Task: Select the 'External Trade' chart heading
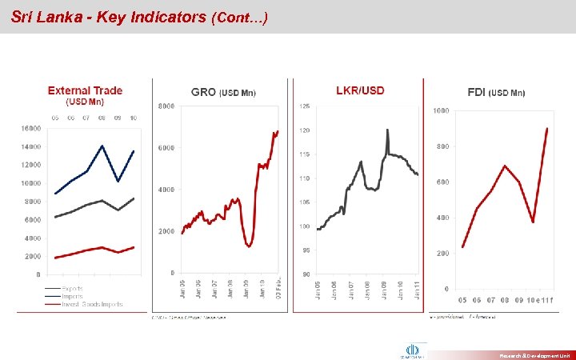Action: (85, 91)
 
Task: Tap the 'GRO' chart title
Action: (204, 93)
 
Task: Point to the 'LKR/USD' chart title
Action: (360, 90)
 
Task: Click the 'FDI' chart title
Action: (479, 93)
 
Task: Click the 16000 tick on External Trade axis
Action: (30, 128)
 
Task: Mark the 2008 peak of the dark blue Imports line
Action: (102, 146)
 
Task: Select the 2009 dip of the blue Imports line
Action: (118, 182)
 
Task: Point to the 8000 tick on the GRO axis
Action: (167, 106)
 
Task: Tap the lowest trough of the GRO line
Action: (250, 246)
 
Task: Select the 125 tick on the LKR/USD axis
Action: (305, 106)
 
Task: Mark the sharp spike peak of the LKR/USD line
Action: (387, 129)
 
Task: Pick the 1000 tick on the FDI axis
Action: (441, 110)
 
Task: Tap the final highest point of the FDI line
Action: (547, 128)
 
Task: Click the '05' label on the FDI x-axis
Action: (462, 301)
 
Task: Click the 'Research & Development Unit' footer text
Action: (534, 354)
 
